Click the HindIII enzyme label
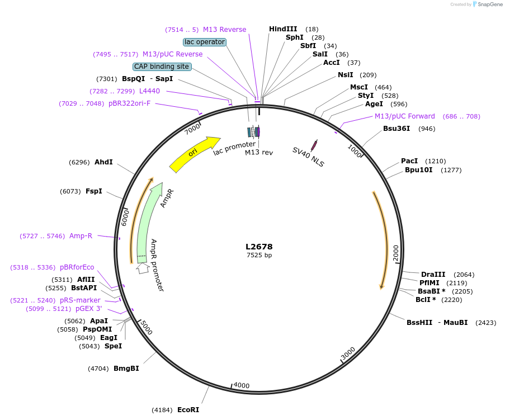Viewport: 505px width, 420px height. click(x=283, y=29)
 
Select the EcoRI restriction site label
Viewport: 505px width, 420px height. click(x=188, y=410)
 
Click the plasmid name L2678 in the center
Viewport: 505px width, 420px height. click(x=259, y=247)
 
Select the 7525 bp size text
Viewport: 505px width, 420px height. click(x=259, y=256)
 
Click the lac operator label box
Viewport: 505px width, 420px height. click(x=204, y=42)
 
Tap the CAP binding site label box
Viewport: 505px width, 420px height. click(x=162, y=67)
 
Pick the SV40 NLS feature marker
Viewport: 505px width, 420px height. click(x=314, y=145)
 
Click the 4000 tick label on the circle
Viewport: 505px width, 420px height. click(x=242, y=385)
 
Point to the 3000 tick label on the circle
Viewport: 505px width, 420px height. click(x=348, y=354)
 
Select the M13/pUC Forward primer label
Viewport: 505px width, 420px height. click(x=405, y=116)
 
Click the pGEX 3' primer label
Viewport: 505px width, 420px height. click(x=89, y=309)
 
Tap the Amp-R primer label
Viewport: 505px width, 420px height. click(x=81, y=236)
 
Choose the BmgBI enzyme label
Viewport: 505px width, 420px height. click(x=126, y=369)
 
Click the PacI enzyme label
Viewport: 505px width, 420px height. click(x=409, y=161)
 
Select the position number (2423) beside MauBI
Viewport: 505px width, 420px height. click(x=485, y=323)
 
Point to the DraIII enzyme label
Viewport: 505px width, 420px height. click(x=433, y=274)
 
